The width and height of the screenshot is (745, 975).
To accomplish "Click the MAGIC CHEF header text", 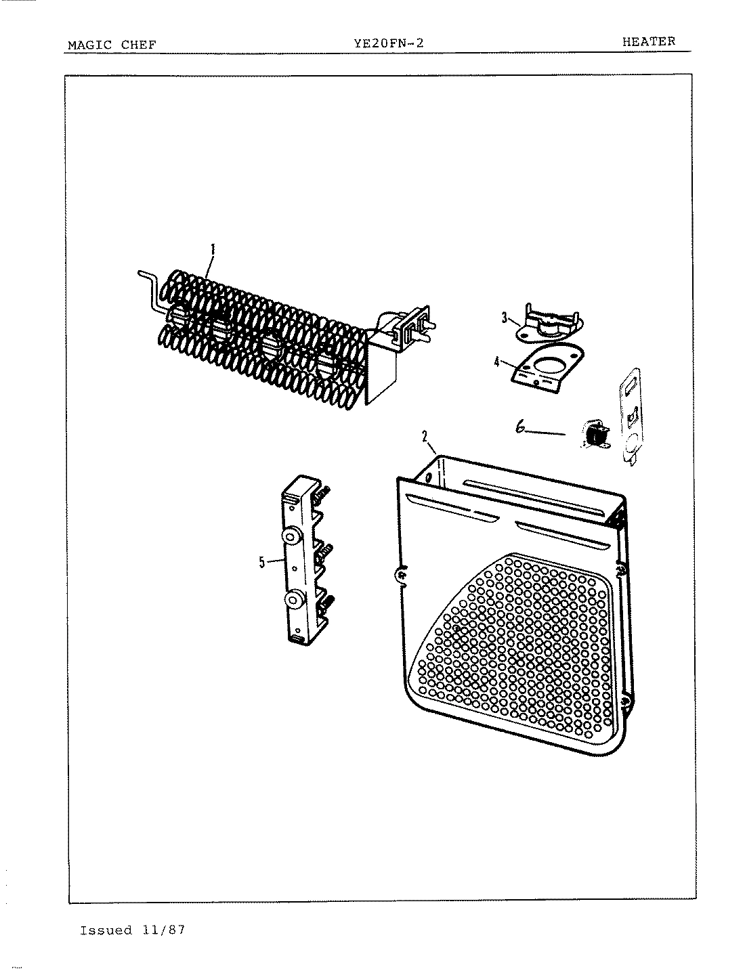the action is (x=112, y=45).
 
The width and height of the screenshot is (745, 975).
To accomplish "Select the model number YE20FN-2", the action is (x=389, y=44).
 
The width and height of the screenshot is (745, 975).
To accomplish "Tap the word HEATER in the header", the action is (x=648, y=41).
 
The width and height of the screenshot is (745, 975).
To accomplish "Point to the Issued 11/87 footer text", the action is (x=132, y=930).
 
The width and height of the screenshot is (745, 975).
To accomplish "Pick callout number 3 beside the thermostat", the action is (x=505, y=316).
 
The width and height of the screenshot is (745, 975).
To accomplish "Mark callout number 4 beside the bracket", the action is (x=498, y=362).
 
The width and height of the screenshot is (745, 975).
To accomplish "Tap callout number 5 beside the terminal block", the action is (x=261, y=561).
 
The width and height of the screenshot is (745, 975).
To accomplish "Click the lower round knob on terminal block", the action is (x=295, y=600).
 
